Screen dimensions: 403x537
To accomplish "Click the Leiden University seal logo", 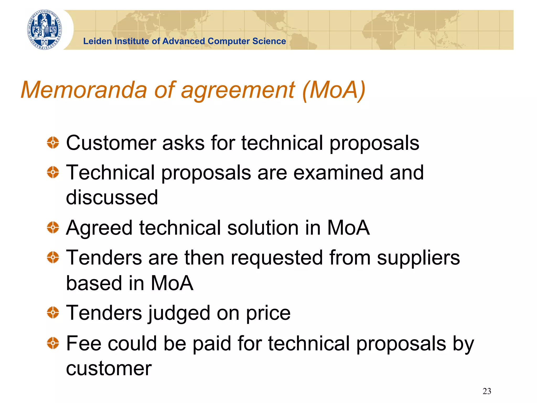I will tap(45, 30).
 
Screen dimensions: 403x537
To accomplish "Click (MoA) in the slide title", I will tap(334, 90).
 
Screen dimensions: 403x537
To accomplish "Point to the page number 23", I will tap(487, 391).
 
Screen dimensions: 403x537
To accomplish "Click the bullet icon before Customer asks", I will tap(53, 143).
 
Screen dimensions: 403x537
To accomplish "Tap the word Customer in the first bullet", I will tap(111, 143).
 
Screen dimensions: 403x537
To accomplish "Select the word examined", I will tap(338, 173).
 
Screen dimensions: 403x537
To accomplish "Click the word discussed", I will tap(112, 197).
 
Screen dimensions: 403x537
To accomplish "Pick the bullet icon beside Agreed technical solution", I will tap(53, 227).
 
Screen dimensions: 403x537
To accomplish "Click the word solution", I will tap(263, 228).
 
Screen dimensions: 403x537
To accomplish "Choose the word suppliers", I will tap(418, 258).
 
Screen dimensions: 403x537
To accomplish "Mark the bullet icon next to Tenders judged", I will tap(53, 312).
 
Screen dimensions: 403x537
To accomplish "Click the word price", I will tap(268, 313).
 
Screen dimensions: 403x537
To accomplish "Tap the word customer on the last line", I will tap(109, 368).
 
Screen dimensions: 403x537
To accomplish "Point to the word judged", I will tap(179, 313).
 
